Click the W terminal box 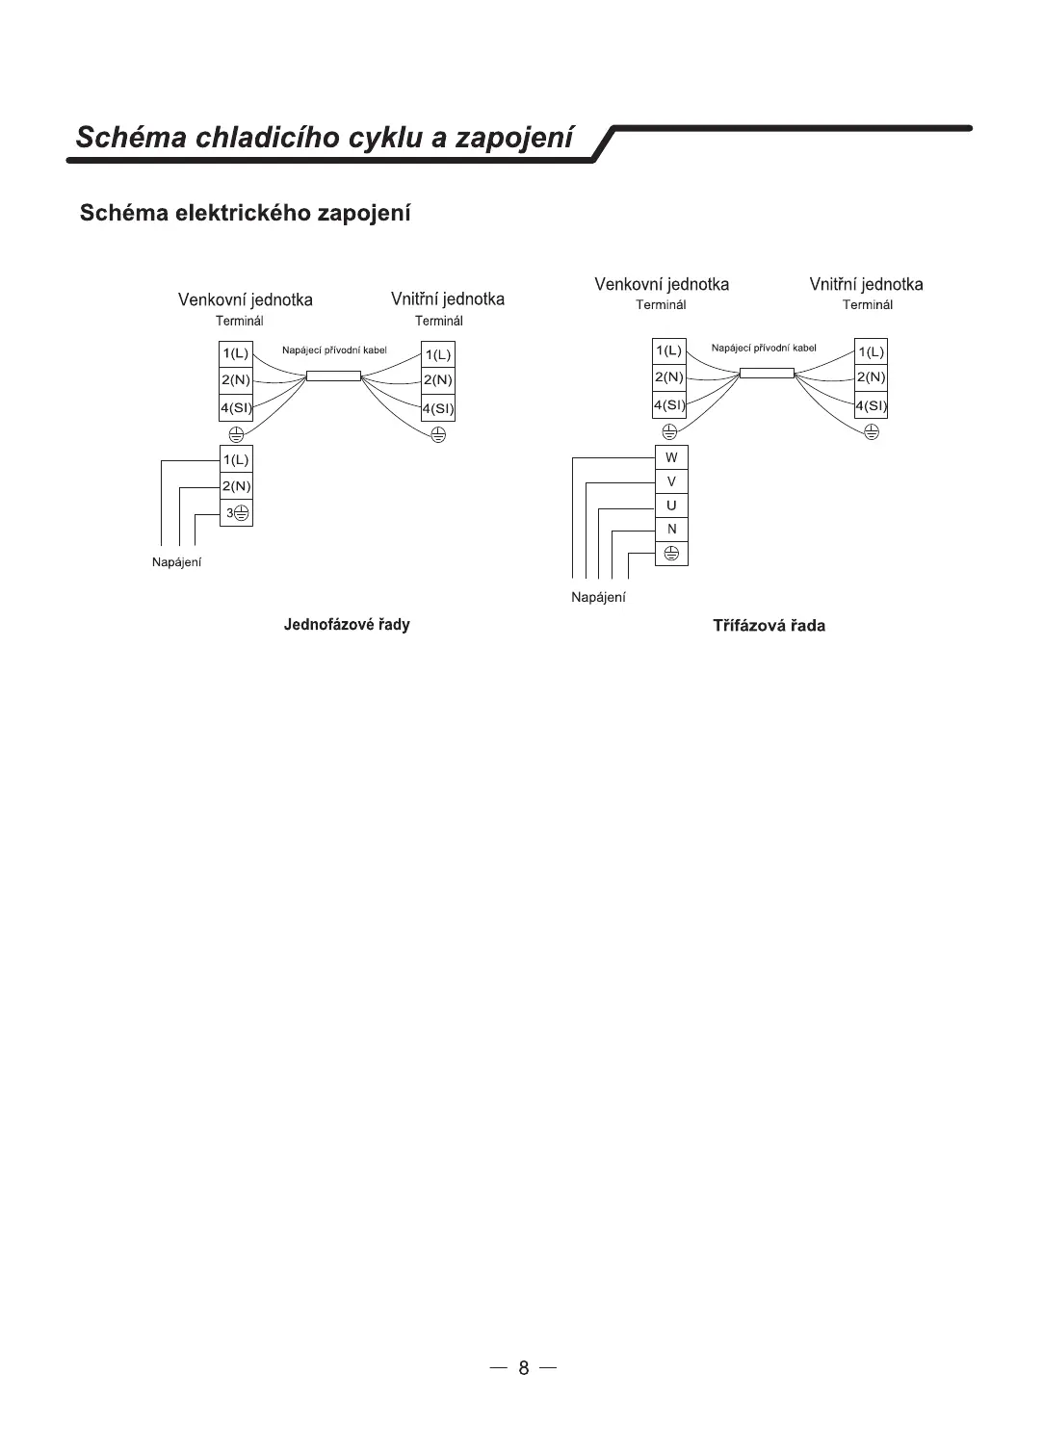pyautogui.click(x=671, y=457)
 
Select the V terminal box pyautogui.click(x=671, y=481)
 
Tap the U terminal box pyautogui.click(x=671, y=506)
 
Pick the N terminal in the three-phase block pyautogui.click(x=671, y=529)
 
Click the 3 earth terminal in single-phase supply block pyautogui.click(x=237, y=513)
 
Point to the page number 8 pyautogui.click(x=523, y=1368)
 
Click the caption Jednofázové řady pyautogui.click(x=347, y=625)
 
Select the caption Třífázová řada pyautogui.click(x=769, y=626)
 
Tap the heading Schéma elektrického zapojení pyautogui.click(x=246, y=213)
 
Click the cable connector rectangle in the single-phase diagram pyautogui.click(x=333, y=376)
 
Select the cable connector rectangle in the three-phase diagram pyautogui.click(x=767, y=373)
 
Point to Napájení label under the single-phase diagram pyautogui.click(x=177, y=562)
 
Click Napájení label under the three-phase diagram pyautogui.click(x=598, y=597)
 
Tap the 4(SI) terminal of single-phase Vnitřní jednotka pyautogui.click(x=438, y=408)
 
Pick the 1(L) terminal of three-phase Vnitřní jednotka pyautogui.click(x=871, y=351)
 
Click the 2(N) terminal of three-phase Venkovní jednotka pyautogui.click(x=669, y=376)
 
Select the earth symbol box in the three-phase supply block pyautogui.click(x=671, y=553)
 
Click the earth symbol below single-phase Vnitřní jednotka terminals pyautogui.click(x=438, y=433)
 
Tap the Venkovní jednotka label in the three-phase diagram pyautogui.click(x=662, y=284)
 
